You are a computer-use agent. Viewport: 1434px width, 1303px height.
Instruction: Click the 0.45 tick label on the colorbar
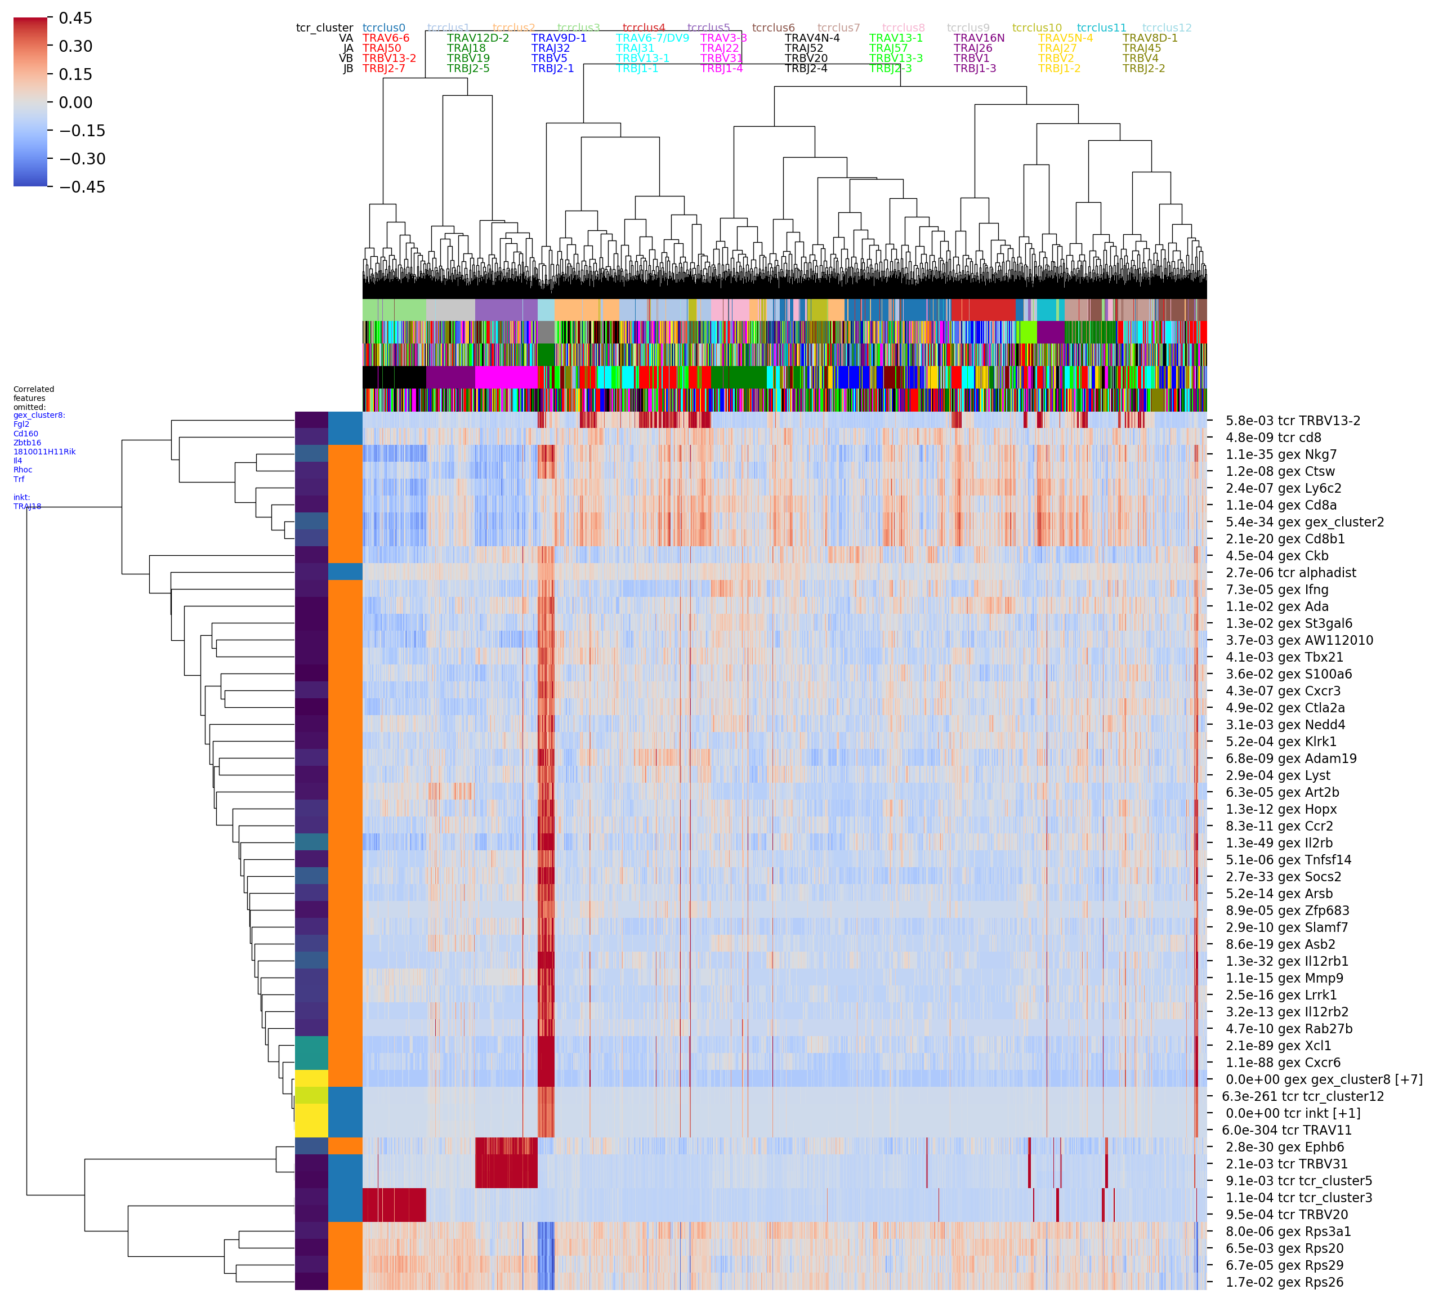[75, 19]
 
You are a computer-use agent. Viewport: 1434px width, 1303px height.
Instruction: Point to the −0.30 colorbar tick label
[81, 159]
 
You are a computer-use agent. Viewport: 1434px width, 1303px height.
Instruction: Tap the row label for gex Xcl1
[1277, 1046]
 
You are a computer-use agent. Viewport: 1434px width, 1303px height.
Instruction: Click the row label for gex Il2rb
[1278, 843]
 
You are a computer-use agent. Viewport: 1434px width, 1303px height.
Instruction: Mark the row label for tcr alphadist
[1290, 573]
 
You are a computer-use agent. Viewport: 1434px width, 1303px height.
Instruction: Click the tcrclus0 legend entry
[383, 28]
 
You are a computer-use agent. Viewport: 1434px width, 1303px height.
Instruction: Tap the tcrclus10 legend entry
[1037, 28]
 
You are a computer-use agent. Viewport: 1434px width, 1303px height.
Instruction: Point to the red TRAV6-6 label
[386, 38]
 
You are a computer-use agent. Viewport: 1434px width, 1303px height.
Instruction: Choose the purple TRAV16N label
[979, 38]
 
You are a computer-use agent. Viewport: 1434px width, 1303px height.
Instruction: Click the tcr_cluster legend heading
[324, 28]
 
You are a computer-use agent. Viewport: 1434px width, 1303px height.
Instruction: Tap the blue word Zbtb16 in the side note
[28, 443]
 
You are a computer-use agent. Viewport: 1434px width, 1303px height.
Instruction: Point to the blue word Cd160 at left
[25, 434]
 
